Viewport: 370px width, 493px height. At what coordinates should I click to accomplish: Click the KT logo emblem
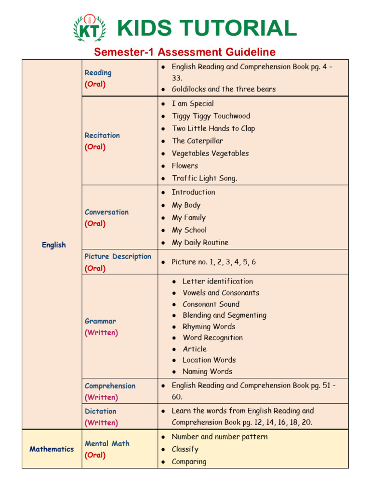coord(89,28)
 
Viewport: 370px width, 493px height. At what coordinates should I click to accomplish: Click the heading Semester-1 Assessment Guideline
coord(185,52)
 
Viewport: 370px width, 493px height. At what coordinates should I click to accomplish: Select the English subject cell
coord(53,245)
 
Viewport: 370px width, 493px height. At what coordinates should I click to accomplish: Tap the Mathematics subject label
coord(52,449)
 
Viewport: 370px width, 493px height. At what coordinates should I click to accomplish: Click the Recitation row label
coord(102,135)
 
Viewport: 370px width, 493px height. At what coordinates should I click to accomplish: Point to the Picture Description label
coord(118,257)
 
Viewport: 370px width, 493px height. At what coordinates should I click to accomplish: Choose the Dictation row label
coord(100,411)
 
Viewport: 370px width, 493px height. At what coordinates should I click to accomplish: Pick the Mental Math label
coord(107,443)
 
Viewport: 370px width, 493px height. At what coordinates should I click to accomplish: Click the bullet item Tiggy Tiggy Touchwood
coord(211,116)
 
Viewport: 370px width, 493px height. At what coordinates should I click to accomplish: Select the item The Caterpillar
coord(198,141)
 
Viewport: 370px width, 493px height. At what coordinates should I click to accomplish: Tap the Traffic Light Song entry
coord(204,178)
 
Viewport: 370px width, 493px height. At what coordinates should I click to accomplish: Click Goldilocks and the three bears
coord(224,89)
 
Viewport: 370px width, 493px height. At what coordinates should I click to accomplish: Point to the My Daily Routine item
coord(200,243)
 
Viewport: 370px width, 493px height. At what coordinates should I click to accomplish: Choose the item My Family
coord(188,218)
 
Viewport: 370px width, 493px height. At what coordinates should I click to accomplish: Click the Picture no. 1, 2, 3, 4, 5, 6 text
coord(213,262)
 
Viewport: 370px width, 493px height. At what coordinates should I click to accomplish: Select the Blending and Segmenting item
coord(224,315)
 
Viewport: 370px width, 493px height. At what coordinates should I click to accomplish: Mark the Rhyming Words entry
coord(209,326)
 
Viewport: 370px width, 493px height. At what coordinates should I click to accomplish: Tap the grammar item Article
coord(195,349)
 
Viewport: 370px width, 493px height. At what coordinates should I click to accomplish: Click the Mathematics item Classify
coord(185,449)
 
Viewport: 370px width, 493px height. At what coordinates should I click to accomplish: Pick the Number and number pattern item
coord(220,437)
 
